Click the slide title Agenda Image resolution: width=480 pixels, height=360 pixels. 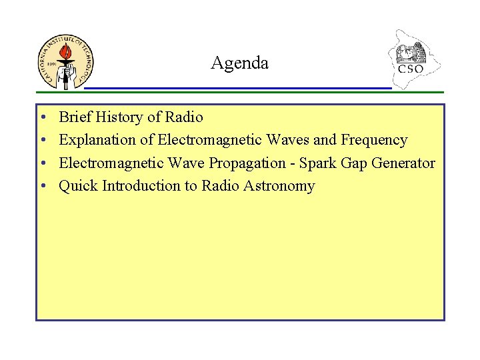(239, 63)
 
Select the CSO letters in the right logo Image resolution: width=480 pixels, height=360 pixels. (411, 69)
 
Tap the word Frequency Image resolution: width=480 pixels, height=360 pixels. (374, 140)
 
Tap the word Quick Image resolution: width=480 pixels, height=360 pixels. (79, 186)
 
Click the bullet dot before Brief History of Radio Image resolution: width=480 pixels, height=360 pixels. (42, 118)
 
